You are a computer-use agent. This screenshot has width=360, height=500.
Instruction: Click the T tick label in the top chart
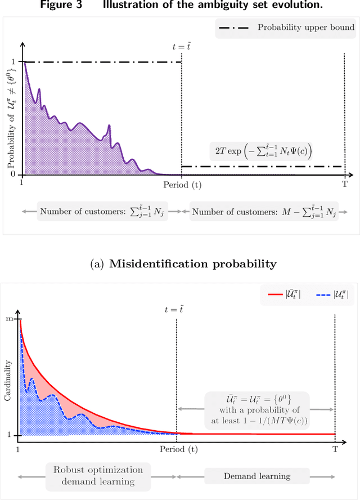(344, 184)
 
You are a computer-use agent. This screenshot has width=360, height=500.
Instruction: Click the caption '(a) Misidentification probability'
(181, 262)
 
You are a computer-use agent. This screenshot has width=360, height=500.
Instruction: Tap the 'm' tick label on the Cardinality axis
(9, 319)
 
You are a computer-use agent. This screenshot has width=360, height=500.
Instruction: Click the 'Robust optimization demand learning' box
(98, 475)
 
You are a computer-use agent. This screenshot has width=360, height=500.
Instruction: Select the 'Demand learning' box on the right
(256, 476)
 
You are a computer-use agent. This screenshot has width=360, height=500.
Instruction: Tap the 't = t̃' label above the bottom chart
(176, 309)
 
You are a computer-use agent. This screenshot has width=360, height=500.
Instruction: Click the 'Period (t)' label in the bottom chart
(177, 449)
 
